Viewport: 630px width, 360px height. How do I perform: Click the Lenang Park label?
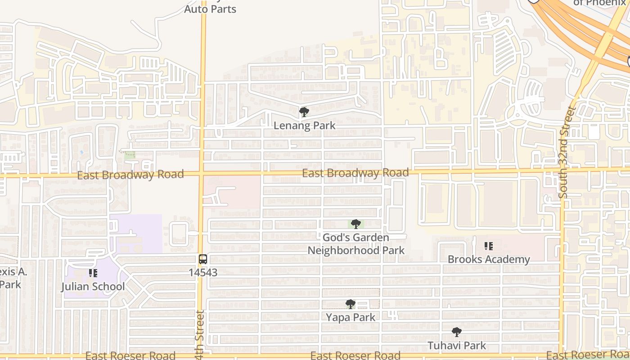tap(305, 126)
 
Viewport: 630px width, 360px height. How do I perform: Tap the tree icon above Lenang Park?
tap(304, 112)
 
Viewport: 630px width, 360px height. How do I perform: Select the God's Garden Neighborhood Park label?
tap(356, 244)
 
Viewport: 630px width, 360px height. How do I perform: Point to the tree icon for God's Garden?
tap(356, 224)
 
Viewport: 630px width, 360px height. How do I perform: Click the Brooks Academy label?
tap(489, 259)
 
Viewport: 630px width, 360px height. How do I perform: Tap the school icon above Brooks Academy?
tap(489, 246)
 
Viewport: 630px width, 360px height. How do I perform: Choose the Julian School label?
tap(93, 287)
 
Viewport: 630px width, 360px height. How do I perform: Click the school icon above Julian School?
tap(93, 273)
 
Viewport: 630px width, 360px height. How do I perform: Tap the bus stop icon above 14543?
tap(203, 259)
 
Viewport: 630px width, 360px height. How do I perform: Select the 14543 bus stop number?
tap(203, 272)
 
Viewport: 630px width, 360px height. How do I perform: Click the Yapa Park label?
tap(351, 317)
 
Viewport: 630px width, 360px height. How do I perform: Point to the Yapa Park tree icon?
tap(351, 304)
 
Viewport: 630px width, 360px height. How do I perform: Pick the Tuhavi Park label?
tap(457, 346)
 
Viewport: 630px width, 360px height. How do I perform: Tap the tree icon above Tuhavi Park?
tap(457, 333)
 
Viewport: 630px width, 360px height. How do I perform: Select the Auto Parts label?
tap(210, 9)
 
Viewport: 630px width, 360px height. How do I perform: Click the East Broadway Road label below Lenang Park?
tap(355, 173)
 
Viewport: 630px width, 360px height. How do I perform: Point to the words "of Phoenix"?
tap(600, 3)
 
